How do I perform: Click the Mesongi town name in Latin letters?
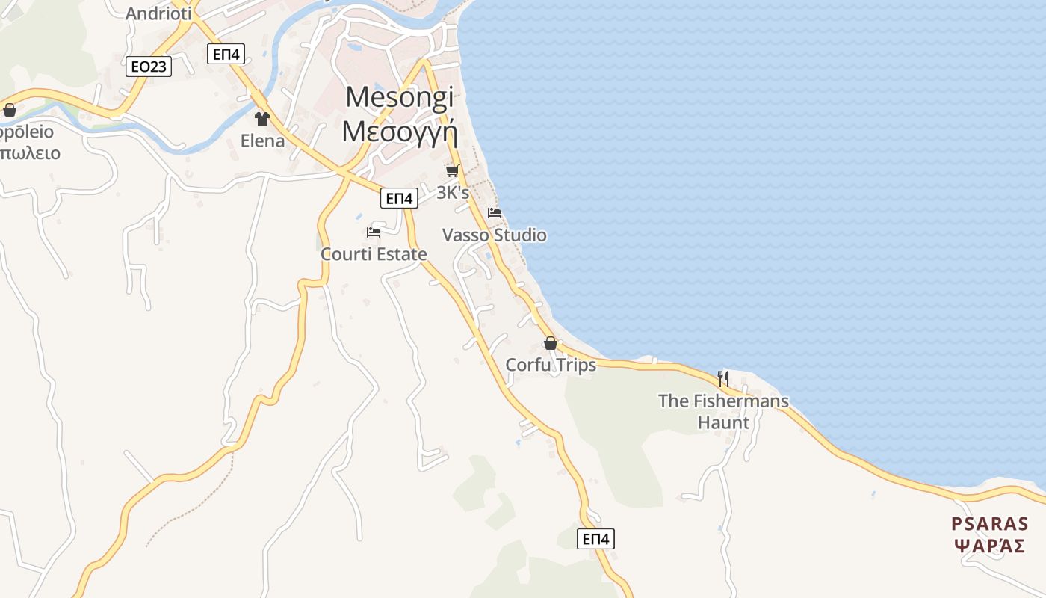400,98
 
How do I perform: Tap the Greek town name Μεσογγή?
399,131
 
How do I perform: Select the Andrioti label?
158,13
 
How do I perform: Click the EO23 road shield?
148,67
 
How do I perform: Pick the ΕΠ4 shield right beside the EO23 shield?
226,54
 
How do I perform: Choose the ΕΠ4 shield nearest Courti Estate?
399,198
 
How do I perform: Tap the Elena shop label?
262,141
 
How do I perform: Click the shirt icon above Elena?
261,118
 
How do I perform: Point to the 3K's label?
453,192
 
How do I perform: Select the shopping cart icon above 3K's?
452,170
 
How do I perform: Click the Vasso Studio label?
495,235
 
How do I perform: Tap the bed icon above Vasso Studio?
495,213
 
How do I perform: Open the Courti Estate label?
374,254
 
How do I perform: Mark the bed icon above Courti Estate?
374,232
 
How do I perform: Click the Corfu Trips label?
551,365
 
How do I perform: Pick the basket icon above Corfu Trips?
551,343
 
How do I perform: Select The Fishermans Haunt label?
723,411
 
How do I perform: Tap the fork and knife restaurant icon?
722,379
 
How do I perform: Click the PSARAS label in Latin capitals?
990,523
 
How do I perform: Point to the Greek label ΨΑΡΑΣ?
990,546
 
